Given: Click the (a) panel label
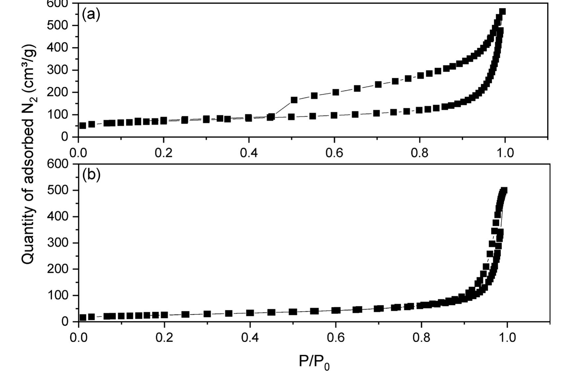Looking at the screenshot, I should tap(91, 15).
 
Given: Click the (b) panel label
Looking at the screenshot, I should tap(91, 175).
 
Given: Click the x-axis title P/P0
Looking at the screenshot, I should tap(314, 362).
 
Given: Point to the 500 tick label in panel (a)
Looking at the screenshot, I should tap(58, 25).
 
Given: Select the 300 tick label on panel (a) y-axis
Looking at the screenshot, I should tap(58, 70).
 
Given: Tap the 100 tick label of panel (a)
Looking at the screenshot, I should tap(58, 115).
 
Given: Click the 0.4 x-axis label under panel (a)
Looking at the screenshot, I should tap(249, 153).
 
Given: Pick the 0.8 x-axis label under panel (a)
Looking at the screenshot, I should tap(420, 153).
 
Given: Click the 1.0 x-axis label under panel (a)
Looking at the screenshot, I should tap(505, 153).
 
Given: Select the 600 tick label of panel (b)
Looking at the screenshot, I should tap(58, 164).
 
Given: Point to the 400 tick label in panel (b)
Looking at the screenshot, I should tap(58, 217).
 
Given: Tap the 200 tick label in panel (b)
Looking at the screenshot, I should tap(58, 269).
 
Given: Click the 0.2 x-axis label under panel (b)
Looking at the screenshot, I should tap(164, 338).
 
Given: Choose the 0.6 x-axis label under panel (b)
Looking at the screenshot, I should tap(336, 338).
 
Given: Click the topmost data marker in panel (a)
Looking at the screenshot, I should tap(502, 12).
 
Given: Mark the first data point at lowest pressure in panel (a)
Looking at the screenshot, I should tap(83, 126).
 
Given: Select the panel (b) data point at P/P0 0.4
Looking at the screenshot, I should tap(250, 313).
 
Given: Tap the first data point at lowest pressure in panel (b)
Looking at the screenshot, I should tap(83, 317).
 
